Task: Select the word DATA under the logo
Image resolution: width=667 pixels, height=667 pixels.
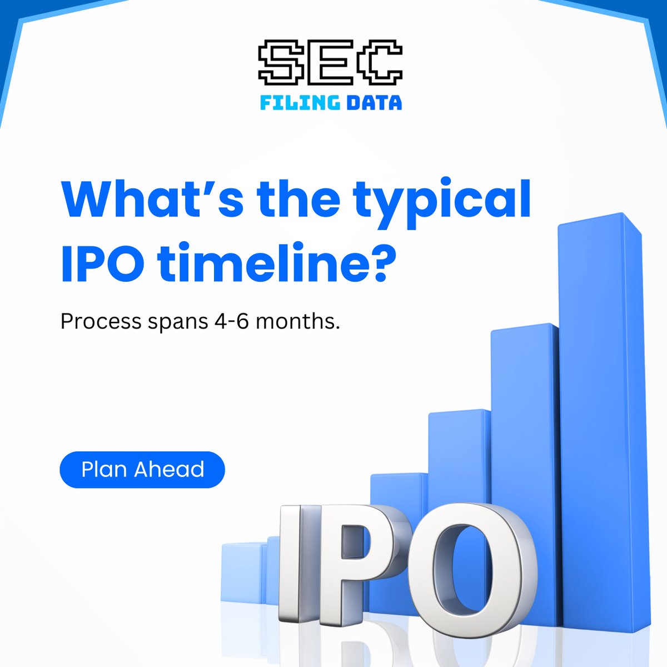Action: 372,103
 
